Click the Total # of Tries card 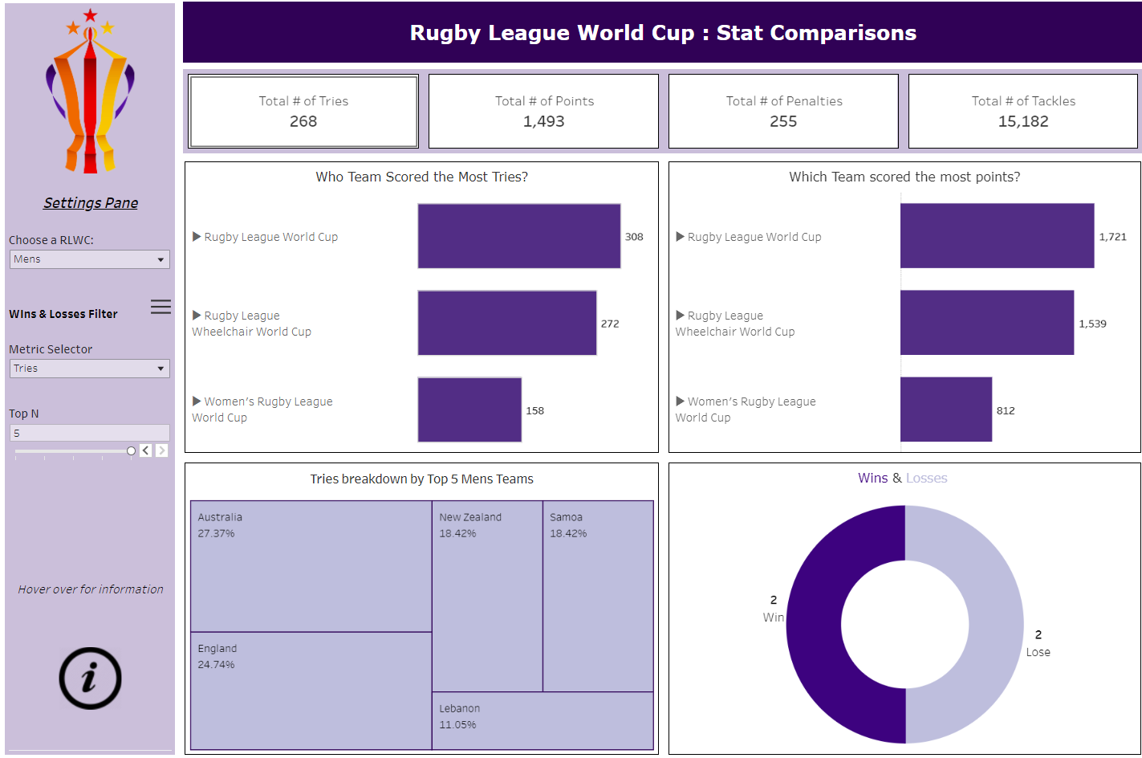pyautogui.click(x=303, y=112)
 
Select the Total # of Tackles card pyautogui.click(x=1022, y=112)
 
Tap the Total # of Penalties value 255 pyautogui.click(x=783, y=122)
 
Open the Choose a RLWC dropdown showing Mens pyautogui.click(x=89, y=259)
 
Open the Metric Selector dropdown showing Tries pyautogui.click(x=89, y=369)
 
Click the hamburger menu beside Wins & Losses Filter pyautogui.click(x=161, y=307)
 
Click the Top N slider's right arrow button pyautogui.click(x=162, y=450)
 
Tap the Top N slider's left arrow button pyautogui.click(x=145, y=450)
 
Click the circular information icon pyautogui.click(x=90, y=679)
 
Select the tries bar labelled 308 pyautogui.click(x=518, y=236)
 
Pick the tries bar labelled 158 pyautogui.click(x=469, y=410)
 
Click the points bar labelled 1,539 pyautogui.click(x=986, y=323)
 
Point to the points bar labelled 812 pyautogui.click(x=945, y=410)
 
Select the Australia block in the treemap pyautogui.click(x=311, y=566)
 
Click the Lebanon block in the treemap pyautogui.click(x=543, y=720)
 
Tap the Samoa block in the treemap pyautogui.click(x=598, y=596)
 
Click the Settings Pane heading pyautogui.click(x=91, y=203)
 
